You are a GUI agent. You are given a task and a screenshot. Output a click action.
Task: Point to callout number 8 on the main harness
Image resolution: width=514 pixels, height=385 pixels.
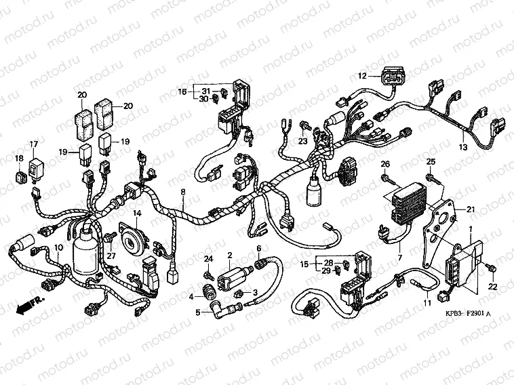(x=182, y=192)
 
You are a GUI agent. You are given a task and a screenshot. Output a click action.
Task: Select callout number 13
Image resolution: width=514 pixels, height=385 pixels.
(x=464, y=146)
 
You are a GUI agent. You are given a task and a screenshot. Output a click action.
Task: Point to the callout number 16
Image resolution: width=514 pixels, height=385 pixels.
(x=182, y=91)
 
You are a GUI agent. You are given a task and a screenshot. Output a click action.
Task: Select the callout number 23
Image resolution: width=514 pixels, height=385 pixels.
(x=303, y=141)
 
